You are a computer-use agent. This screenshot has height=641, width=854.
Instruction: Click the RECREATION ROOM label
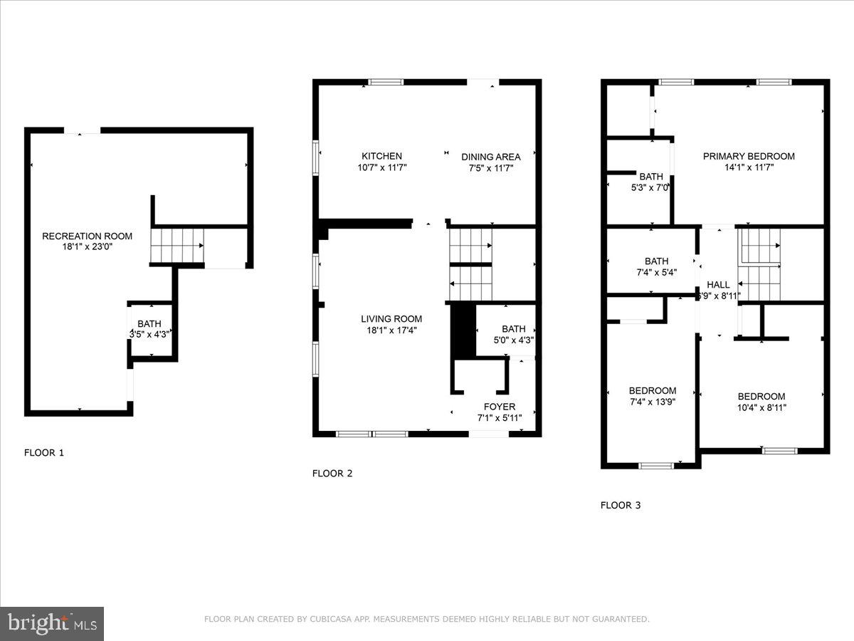(x=87, y=236)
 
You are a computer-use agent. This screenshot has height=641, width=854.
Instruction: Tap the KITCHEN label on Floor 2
(x=381, y=157)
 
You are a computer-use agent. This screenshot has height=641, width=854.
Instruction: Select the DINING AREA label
(x=490, y=157)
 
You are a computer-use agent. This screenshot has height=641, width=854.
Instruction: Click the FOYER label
(x=500, y=407)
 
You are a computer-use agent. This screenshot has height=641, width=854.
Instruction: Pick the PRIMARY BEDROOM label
(x=749, y=157)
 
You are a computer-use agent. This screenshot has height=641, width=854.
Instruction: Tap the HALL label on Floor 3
(x=718, y=285)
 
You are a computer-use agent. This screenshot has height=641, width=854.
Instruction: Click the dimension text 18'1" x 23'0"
(x=87, y=247)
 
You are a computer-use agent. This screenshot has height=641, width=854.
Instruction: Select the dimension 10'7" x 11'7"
(x=381, y=168)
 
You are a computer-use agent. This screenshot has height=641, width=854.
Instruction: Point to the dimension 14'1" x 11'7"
(x=749, y=168)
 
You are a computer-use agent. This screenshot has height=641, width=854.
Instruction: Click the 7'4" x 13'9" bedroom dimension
(x=652, y=402)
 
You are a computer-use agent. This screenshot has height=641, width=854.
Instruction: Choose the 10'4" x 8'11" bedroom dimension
(x=761, y=408)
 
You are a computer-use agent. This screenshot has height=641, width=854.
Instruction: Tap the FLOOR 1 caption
(x=44, y=452)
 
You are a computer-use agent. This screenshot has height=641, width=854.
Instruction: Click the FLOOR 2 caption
(x=332, y=473)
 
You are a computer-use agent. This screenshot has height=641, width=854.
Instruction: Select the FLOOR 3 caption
(x=621, y=506)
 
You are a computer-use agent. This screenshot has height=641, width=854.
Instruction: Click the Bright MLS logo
(x=52, y=623)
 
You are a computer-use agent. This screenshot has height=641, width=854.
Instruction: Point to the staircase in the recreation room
(x=177, y=244)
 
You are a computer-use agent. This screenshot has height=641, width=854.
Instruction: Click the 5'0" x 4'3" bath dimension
(x=513, y=340)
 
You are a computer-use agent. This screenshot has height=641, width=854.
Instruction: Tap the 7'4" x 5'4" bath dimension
(x=650, y=272)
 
